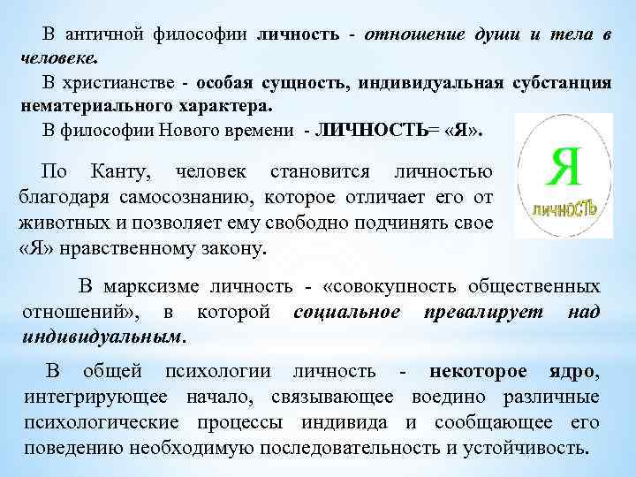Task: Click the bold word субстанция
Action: click(x=559, y=82)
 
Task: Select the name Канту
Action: click(x=122, y=170)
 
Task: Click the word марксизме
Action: click(x=161, y=287)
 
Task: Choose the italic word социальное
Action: click(x=347, y=311)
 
